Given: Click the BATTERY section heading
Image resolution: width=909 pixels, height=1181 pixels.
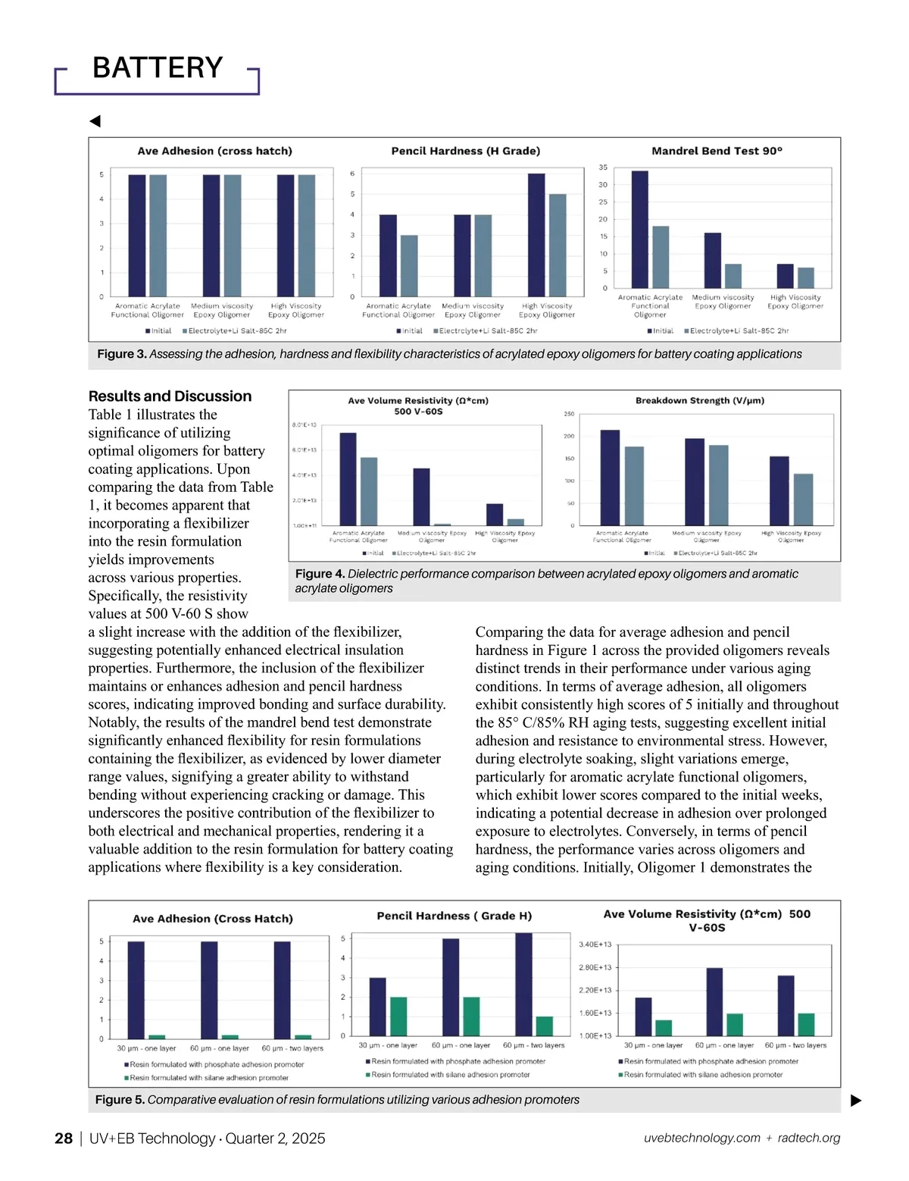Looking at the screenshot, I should tap(158, 68).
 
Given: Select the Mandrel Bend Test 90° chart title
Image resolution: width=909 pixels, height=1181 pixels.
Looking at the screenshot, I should tap(717, 151).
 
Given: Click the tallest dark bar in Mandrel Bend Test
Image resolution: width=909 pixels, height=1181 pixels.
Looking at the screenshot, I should tap(639, 229).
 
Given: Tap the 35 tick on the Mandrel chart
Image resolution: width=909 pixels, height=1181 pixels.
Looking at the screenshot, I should tap(603, 168).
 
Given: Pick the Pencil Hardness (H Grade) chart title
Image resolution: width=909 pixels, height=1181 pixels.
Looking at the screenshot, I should tap(465, 151).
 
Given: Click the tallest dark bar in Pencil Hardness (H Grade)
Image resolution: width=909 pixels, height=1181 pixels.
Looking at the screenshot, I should tap(536, 234).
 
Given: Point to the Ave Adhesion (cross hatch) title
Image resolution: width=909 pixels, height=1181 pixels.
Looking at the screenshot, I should tap(214, 151).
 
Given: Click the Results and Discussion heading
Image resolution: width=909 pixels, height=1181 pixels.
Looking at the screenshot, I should tap(170, 396).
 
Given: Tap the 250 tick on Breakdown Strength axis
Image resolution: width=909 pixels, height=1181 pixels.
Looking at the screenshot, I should tap(569, 414).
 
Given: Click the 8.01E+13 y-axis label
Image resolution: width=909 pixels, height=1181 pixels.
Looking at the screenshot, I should tap(304, 425).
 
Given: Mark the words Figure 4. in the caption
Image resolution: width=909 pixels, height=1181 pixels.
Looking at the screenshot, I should tap(320, 574).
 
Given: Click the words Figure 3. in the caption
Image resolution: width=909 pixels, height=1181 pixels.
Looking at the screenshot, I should tap(121, 354).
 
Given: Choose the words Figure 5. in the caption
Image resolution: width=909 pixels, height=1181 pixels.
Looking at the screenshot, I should tap(120, 1100).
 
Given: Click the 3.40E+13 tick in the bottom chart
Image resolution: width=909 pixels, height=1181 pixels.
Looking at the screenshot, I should tap(595, 944).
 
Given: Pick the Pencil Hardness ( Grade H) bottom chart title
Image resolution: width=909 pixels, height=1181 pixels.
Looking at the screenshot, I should tap(454, 916).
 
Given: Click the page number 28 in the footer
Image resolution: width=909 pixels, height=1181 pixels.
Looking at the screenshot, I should tap(64, 1139).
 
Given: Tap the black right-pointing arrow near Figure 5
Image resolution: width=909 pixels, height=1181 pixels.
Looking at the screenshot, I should tap(856, 1101).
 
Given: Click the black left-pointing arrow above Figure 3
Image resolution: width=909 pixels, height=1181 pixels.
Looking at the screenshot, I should tap(95, 121).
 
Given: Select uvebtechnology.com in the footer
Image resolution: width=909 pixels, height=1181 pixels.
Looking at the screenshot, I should tap(701, 1138).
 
